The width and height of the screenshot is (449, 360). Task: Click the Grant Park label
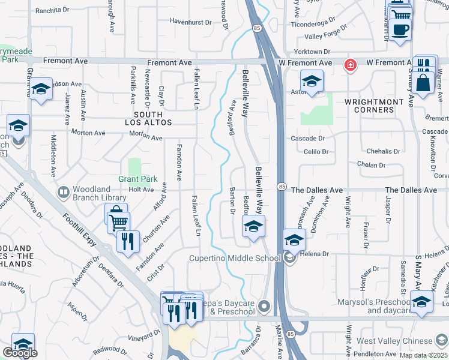pos(137,179)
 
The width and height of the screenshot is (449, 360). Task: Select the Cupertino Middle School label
pos(235,259)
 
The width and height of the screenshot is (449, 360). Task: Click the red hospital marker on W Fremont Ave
pos(349,64)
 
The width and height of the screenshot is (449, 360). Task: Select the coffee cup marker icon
pos(400,29)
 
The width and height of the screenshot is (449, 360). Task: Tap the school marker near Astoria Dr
pos(312,82)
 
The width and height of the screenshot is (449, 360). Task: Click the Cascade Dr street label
pos(307,138)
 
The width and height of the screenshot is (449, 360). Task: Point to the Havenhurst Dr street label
pos(191,22)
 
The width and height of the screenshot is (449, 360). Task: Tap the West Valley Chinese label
pos(394,341)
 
